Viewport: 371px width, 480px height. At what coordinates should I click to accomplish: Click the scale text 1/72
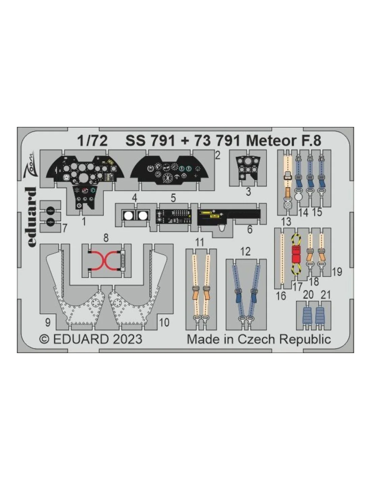coord(92,141)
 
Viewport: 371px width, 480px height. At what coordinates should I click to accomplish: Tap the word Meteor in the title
coord(270,141)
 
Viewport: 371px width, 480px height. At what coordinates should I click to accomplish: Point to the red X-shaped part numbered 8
coord(105,261)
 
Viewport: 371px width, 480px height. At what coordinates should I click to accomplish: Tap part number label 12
coord(246,251)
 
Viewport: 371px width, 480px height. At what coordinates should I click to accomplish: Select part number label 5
coord(173,198)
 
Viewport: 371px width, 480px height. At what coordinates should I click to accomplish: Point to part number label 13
coord(286,221)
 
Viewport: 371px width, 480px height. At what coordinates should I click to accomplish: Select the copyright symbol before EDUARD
coord(44,339)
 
